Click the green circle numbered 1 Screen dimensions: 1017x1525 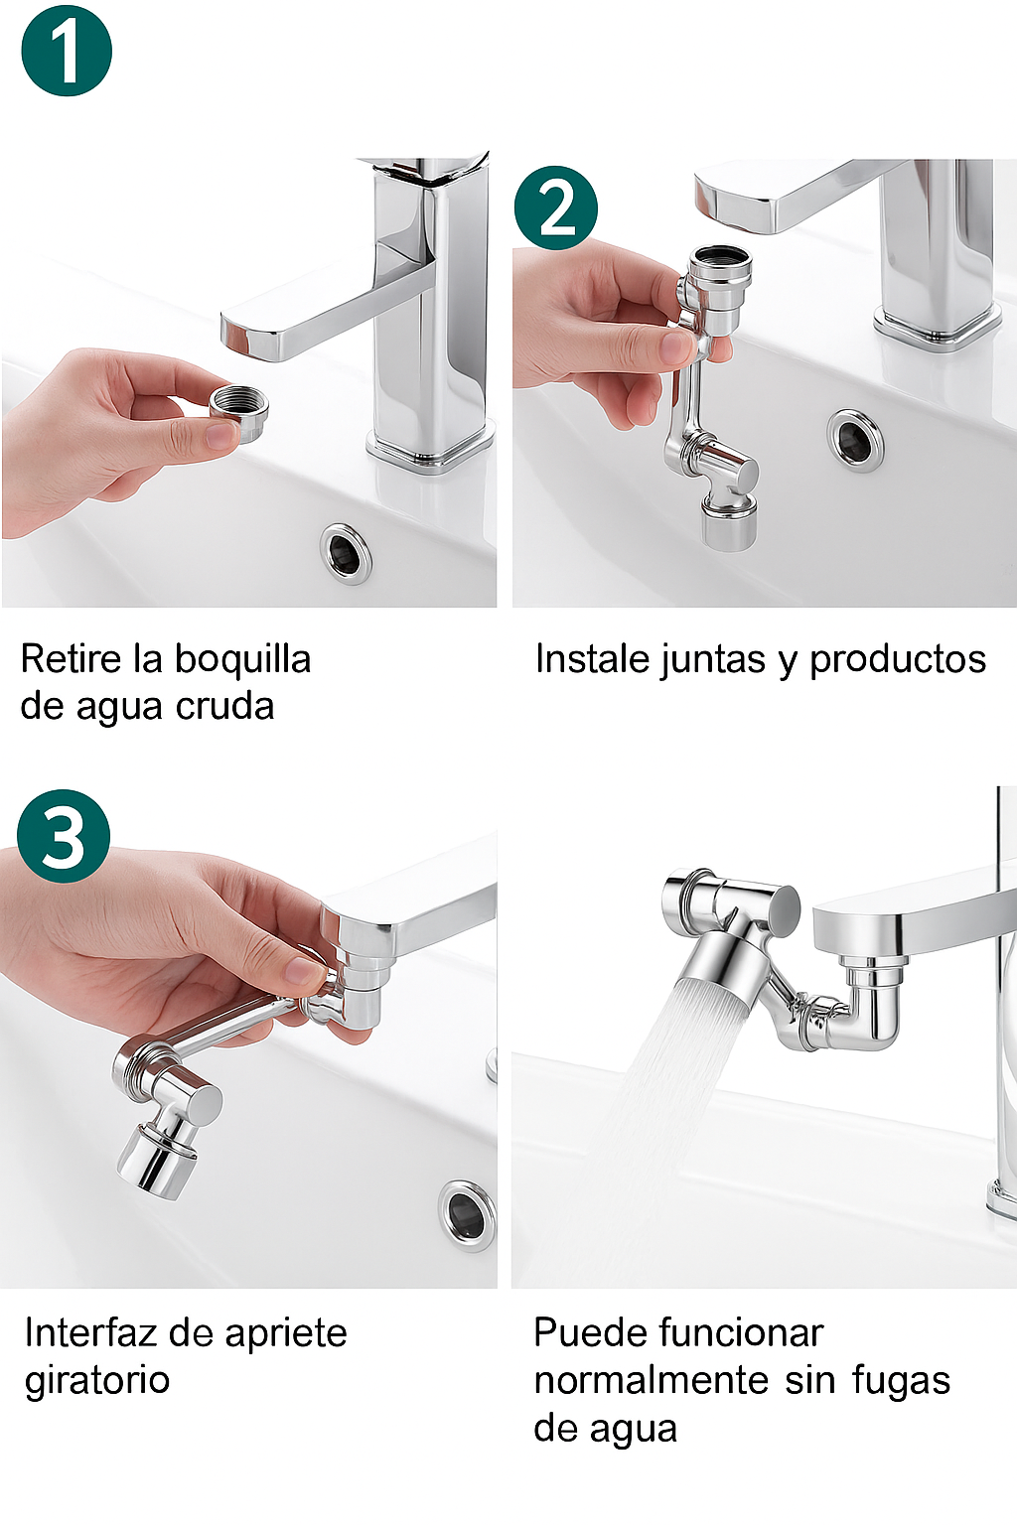pyautogui.click(x=67, y=51)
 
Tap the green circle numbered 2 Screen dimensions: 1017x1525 pyautogui.click(x=556, y=208)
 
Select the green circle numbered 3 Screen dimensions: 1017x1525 pyautogui.click(x=64, y=836)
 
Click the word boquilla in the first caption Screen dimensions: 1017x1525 pyautogui.click(x=243, y=659)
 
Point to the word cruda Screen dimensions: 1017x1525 pyautogui.click(x=225, y=706)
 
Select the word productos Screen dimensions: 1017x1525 pyautogui.click(x=898, y=660)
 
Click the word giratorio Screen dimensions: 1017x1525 pyautogui.click(x=97, y=1381)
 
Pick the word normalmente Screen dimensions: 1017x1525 pyautogui.click(x=652, y=1380)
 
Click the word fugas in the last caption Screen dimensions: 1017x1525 pyautogui.click(x=901, y=1381)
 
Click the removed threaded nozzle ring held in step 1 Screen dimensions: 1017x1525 pyautogui.click(x=238, y=413)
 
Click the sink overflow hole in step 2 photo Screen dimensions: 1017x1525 pyautogui.click(x=855, y=442)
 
